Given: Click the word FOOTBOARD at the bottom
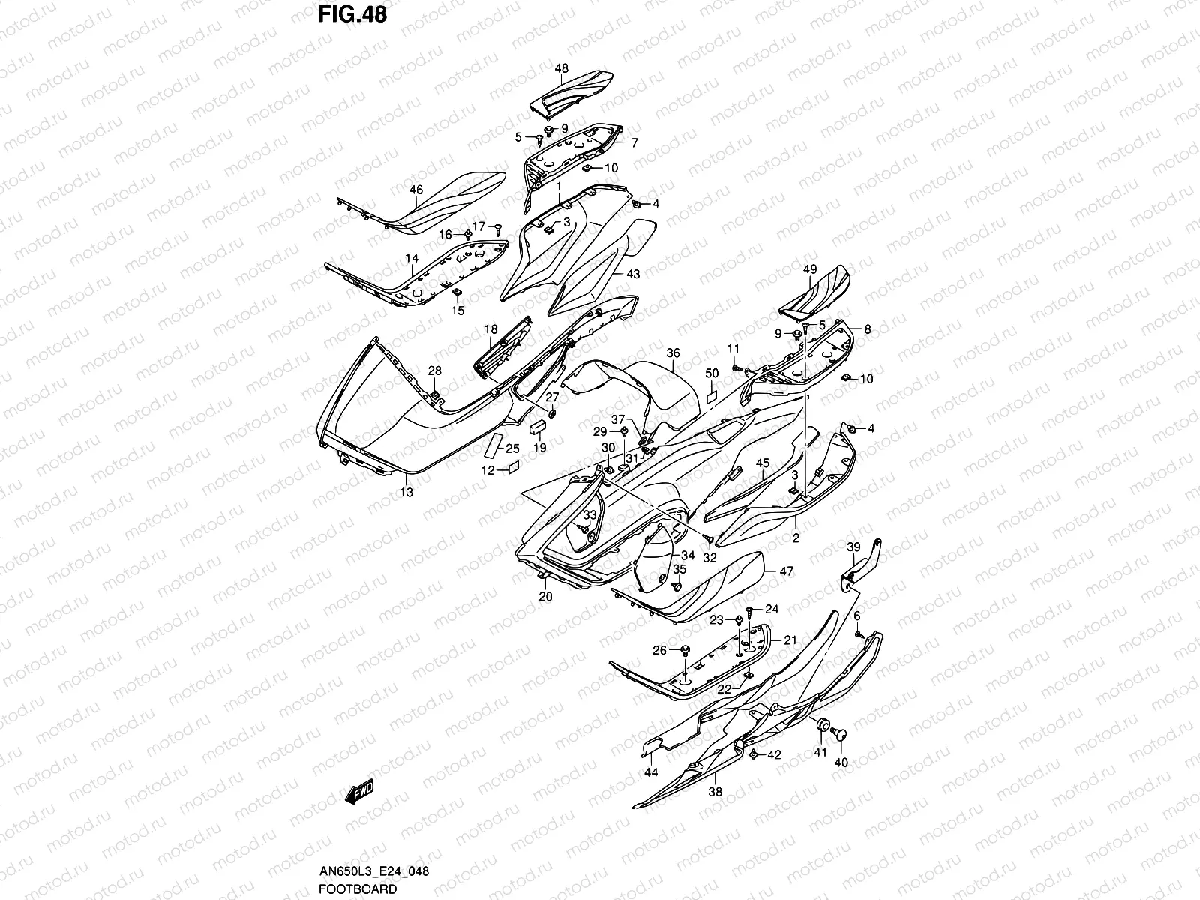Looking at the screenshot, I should pos(357,889).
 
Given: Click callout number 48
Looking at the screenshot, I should pos(562,68).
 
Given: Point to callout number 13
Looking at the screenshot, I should pos(406,493).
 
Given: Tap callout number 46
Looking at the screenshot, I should pos(416,190).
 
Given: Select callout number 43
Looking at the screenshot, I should pos(633,274).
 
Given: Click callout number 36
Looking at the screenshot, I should pos(673,352).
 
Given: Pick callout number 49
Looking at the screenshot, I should pos(809,269).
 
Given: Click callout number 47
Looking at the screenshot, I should pos(786,571).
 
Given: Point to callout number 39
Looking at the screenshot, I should pos(853,547).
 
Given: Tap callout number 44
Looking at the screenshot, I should pos(650,772).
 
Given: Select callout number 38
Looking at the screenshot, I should pos(715,791).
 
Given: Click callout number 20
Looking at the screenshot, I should pos(545,596).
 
